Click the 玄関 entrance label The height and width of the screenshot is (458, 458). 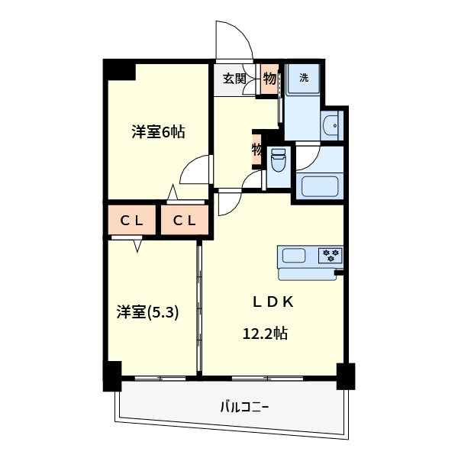[x=234, y=77]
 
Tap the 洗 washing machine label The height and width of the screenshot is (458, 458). [x=303, y=77]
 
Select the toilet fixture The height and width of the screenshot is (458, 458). [x=277, y=160]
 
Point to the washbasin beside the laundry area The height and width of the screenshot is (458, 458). [x=334, y=125]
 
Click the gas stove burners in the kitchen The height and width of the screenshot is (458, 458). [x=331, y=254]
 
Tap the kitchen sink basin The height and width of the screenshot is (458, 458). [x=294, y=255]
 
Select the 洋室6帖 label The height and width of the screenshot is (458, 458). [x=158, y=131]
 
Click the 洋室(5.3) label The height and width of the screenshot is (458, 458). [x=147, y=312]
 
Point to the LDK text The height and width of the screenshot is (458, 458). [x=273, y=302]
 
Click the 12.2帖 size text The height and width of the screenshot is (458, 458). [x=265, y=334]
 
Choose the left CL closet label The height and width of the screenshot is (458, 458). [x=133, y=221]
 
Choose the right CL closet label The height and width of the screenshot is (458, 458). [x=184, y=221]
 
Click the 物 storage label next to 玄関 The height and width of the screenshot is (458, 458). [x=269, y=77]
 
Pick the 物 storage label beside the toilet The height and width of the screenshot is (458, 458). [x=257, y=149]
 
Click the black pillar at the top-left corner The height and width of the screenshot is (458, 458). [x=120, y=69]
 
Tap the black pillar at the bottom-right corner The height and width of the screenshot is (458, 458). [x=346, y=376]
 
